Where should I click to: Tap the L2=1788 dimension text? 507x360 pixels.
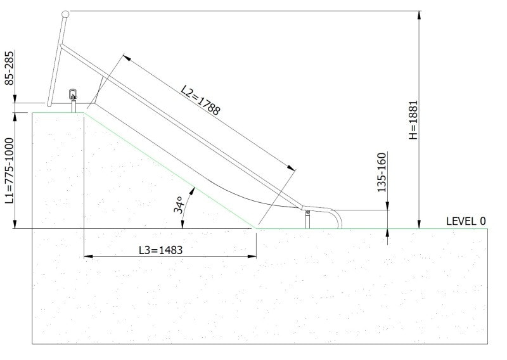click(201, 101)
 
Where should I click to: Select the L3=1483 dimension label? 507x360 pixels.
click(161, 250)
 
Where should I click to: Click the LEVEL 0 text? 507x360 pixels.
click(466, 221)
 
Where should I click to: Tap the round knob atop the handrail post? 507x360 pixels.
click(65, 13)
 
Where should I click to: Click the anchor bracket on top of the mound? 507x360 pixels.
click(73, 96)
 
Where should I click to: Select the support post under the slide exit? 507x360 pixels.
click(307, 221)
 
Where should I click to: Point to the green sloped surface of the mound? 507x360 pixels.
click(171, 170)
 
